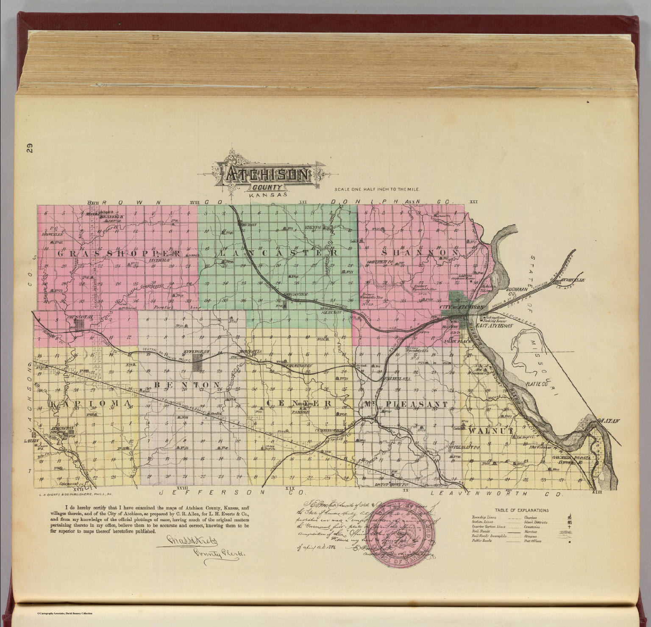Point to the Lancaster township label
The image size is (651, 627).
pos(278,253)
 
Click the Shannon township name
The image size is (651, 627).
pos(420,252)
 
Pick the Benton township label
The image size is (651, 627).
pos(186,384)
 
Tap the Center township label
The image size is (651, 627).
pos(299,403)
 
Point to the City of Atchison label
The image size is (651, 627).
pos(462,307)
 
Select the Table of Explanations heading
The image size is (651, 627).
pos(521,511)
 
